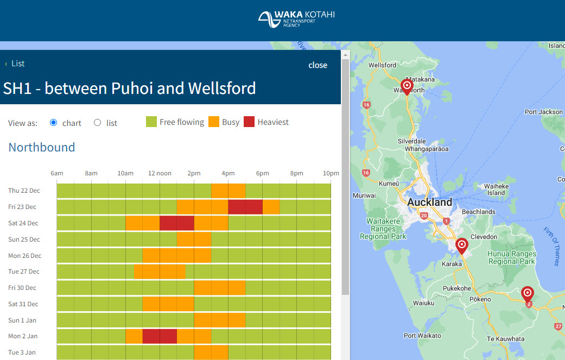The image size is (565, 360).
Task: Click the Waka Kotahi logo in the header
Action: coord(296,20)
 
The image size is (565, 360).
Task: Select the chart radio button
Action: coord(53,123)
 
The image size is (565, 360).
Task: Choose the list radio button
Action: coord(98,123)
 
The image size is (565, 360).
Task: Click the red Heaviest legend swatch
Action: coord(249,122)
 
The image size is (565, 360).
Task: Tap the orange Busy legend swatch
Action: coord(213,122)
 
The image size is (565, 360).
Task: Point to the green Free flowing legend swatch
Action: coord(151,122)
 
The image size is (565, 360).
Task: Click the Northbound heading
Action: coord(42,147)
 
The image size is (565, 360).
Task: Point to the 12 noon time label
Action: coord(160,173)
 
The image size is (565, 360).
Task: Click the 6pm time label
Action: coord(262,173)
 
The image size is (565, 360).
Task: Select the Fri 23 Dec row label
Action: coord(22,207)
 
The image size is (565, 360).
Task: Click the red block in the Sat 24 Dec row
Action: coord(176,223)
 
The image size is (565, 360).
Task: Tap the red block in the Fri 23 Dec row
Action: coord(245,207)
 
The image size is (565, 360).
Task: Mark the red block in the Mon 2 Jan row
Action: coord(160,336)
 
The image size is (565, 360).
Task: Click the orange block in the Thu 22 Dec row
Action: coord(228,191)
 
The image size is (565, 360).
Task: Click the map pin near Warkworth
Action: coord(407,86)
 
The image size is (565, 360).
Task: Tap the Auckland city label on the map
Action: coord(429,203)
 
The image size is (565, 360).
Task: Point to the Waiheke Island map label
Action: coord(496,189)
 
